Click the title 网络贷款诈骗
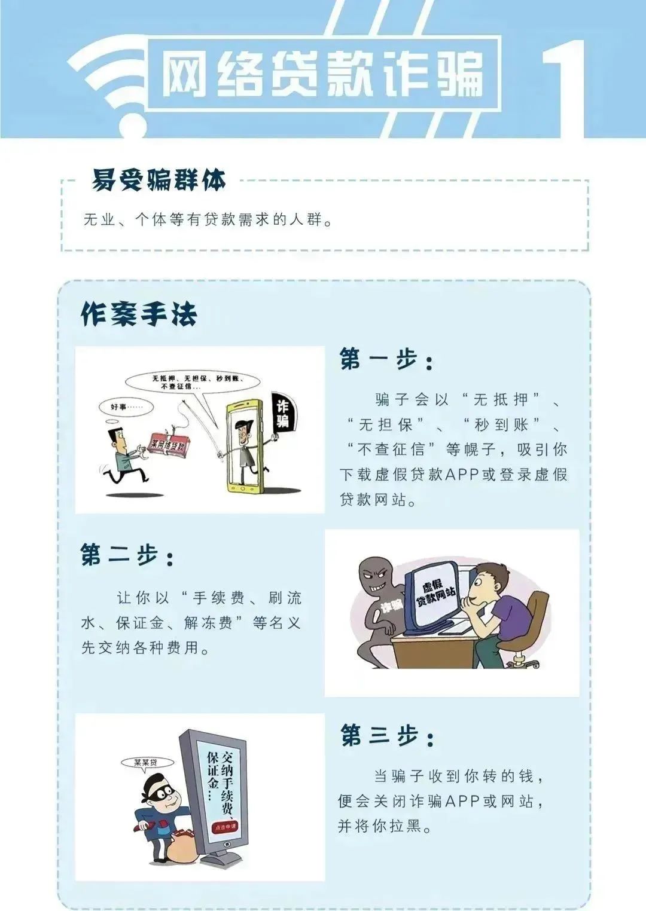(x=322, y=74)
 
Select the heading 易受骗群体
(x=159, y=180)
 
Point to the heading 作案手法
(x=139, y=314)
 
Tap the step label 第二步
(x=127, y=554)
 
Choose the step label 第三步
(x=387, y=735)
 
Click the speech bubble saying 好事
(x=127, y=407)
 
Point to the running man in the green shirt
(x=124, y=456)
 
